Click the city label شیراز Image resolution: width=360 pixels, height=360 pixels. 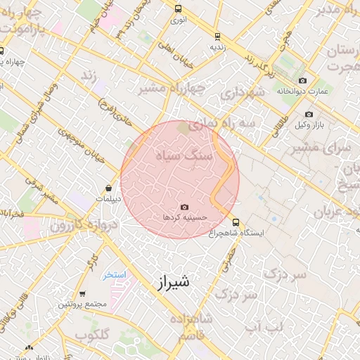171,283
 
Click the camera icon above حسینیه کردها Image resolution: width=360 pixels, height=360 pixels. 184,207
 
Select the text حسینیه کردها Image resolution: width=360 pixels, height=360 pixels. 184,218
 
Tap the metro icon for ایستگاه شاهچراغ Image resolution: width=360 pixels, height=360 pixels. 236,221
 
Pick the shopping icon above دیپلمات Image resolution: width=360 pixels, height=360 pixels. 109,188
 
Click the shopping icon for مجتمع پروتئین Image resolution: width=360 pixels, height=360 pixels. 82,294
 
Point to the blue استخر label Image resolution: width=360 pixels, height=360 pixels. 112,275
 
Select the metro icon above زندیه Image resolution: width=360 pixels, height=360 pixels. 217,36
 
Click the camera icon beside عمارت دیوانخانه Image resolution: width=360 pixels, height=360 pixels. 303,81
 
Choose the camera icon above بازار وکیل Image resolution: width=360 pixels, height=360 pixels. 309,114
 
